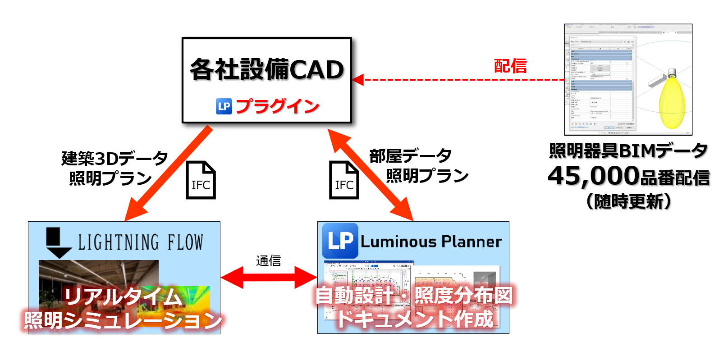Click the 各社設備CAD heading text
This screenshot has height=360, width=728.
(x=267, y=70)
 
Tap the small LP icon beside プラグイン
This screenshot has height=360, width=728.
(x=224, y=106)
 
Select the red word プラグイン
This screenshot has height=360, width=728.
(x=277, y=106)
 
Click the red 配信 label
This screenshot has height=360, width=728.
(x=510, y=66)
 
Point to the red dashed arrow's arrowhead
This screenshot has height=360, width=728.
(x=358, y=80)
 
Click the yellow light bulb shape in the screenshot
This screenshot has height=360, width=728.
(x=672, y=102)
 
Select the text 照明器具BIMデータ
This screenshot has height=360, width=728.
(x=628, y=151)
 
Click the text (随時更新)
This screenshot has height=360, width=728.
(x=628, y=201)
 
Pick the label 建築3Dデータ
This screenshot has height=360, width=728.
(x=114, y=159)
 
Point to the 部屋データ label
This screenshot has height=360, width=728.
(x=410, y=156)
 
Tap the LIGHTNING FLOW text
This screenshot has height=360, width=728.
(x=140, y=242)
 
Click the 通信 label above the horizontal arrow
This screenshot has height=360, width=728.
(x=268, y=261)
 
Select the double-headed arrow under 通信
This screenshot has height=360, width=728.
(x=269, y=277)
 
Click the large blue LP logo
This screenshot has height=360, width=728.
(x=340, y=241)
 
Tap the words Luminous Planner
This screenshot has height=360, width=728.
(x=431, y=242)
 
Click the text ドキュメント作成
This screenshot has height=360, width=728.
(x=415, y=319)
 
